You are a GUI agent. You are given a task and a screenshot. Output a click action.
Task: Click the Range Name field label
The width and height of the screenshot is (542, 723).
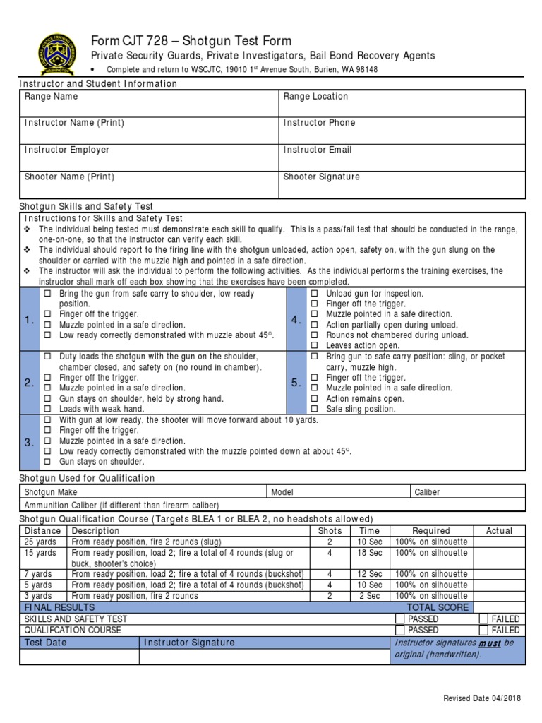point(52,97)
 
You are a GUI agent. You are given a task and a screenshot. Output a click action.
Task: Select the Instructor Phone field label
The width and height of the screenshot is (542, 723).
point(319,123)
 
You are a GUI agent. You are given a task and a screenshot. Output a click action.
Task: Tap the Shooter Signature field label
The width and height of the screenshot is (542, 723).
point(321,177)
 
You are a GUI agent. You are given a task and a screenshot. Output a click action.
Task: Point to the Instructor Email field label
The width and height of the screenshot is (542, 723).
point(317,150)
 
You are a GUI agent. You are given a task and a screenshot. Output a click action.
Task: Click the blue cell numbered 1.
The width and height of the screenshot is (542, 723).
point(29,321)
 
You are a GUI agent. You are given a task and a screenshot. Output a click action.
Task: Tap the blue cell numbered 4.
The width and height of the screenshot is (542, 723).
point(296,321)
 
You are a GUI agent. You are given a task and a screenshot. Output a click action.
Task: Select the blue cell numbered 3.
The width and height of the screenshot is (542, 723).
point(29,443)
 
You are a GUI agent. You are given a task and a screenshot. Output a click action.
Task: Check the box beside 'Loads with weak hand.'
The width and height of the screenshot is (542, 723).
point(48,409)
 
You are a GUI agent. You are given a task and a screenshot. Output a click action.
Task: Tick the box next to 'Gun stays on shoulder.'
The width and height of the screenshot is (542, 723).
point(48,462)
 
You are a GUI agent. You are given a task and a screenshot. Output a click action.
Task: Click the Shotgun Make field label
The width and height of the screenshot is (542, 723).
point(51,492)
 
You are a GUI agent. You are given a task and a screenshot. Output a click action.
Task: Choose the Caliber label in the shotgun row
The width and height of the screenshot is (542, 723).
point(427,492)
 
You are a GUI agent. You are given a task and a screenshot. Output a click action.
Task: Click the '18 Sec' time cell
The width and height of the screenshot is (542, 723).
point(369,553)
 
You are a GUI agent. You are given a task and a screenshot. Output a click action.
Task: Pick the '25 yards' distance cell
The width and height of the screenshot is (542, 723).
point(40,542)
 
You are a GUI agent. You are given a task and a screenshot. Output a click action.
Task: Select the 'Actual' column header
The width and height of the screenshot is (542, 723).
point(499,531)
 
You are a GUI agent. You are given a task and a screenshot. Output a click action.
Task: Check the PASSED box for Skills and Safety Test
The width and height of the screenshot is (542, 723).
point(399,619)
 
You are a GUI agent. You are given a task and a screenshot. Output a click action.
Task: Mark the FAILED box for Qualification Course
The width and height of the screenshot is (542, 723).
point(483,630)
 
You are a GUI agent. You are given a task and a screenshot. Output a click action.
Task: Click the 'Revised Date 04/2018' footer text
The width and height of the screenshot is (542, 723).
point(482,698)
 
